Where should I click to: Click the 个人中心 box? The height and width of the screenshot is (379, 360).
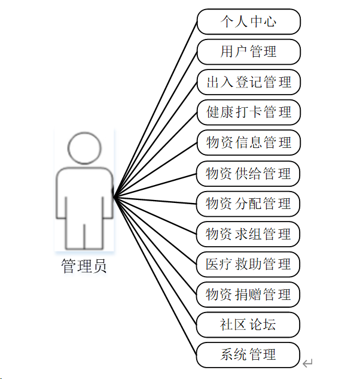tap(248, 22)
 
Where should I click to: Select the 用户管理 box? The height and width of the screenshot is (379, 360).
tap(248, 52)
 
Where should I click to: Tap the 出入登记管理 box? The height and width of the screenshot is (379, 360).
tap(248, 82)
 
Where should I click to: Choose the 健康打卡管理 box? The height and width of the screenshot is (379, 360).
tap(248, 113)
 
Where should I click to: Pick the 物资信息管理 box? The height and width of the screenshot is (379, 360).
tap(248, 143)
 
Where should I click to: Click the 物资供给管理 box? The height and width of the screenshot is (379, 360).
tap(248, 174)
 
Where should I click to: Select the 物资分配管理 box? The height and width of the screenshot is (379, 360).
tap(248, 204)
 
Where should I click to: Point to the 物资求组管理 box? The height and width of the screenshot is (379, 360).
tap(248, 234)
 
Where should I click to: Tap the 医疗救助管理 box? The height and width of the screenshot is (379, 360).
tap(248, 265)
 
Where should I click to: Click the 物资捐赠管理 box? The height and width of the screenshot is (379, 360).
tap(248, 295)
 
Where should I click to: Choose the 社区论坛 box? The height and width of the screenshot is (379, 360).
tap(248, 325)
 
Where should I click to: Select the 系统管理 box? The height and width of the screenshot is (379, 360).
tap(248, 355)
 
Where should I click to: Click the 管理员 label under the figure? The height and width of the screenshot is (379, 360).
tap(84, 266)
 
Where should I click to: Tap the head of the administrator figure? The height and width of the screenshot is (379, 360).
tap(84, 148)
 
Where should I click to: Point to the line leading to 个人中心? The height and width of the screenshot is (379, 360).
tap(155, 108)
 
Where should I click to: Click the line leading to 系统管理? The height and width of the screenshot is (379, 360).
tap(155, 275)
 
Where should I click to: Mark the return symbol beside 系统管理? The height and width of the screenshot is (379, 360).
tap(307, 363)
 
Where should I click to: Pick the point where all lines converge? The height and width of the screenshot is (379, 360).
tap(114, 196)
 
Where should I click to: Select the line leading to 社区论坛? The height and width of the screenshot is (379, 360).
tap(155, 260)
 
